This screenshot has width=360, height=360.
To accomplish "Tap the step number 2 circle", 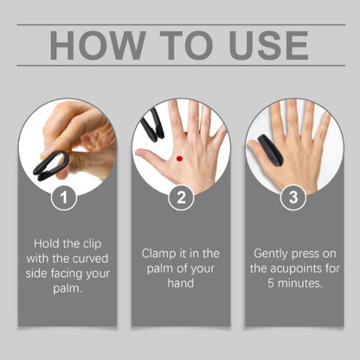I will click(180, 197).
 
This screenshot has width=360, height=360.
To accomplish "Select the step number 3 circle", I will click(292, 197).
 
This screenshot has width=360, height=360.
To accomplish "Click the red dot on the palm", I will click(178, 158).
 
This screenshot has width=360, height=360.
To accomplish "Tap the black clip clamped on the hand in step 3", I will click(265, 149).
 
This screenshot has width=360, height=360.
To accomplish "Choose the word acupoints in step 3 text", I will click(293, 268).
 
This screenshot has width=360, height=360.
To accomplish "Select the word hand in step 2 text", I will click(180, 284).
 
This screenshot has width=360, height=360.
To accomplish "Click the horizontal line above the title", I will click(180, 24).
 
